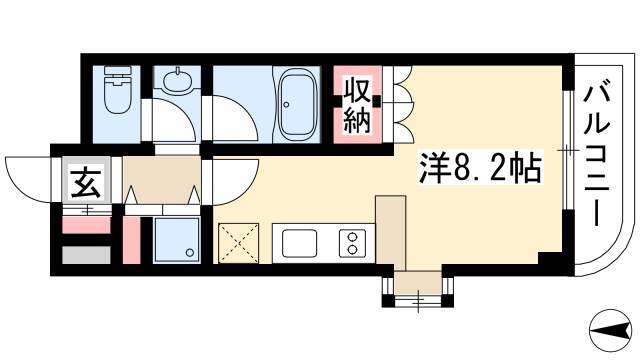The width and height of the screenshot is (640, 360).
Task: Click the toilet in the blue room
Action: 118,89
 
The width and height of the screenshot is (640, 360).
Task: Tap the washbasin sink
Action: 177,80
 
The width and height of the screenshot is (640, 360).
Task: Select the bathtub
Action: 297,104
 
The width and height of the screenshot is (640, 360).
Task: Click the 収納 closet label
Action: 357,106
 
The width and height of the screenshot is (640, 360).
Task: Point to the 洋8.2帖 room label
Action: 481,168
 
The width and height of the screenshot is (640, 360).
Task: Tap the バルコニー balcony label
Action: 597,156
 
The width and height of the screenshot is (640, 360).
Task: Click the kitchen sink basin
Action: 300,244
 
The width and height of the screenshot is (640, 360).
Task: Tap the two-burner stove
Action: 352,243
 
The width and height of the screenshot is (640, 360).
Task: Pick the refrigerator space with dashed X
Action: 239,243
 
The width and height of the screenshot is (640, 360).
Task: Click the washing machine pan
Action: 177,240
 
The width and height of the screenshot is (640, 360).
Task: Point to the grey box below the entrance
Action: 87,255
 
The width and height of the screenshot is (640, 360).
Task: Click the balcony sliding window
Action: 567,150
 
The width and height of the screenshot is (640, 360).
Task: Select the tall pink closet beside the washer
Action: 131,240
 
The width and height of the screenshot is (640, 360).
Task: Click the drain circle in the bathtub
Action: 286,104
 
